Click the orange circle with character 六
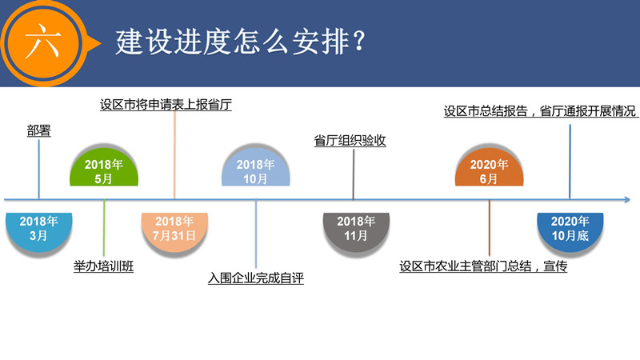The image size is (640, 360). coord(43,42)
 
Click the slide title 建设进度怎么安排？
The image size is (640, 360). coord(241,42)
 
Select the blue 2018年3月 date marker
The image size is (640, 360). coord(38,233)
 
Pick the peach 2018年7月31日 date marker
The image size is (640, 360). coord(174,233)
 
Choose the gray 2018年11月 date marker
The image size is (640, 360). coord(356,233)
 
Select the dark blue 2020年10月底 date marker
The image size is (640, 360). coord(570,233)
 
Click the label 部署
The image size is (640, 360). coord(38,131)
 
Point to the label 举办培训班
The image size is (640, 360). coord(104,266)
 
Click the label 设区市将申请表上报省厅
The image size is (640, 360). coord(166,105)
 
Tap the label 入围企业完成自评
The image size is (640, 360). coord(256,278)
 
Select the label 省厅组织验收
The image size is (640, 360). coord(350,141)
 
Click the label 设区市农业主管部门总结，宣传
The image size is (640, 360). coord(483,266)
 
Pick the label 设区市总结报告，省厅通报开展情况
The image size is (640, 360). coord(541,111)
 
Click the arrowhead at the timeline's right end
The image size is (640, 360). coord(627,199)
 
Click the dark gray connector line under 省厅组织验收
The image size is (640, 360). coord(354,174)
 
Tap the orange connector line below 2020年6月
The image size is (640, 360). coord(489,228)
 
